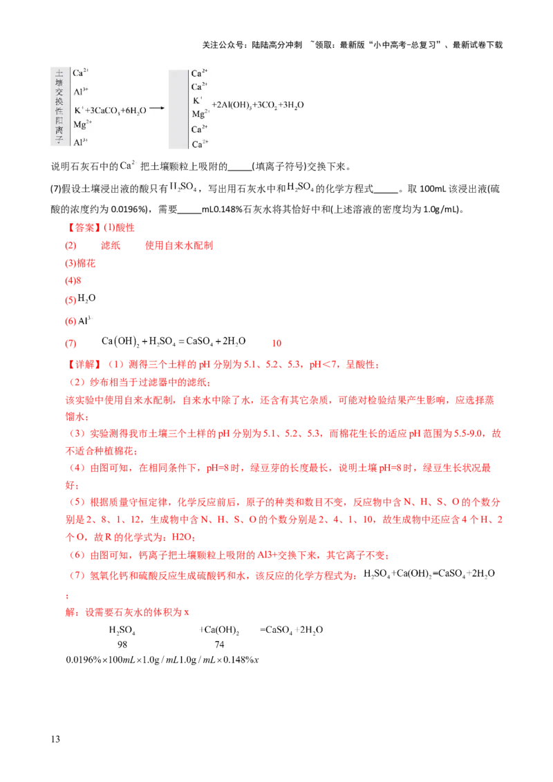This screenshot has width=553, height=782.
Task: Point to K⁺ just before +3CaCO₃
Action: point(78,108)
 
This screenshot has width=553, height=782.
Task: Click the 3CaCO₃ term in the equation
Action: point(102,109)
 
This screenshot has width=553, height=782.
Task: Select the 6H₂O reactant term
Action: point(132,109)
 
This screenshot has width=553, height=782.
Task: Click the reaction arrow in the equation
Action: point(156,108)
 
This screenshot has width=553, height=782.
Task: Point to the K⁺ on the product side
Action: point(196,100)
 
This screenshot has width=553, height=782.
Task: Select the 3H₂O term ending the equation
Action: point(293,105)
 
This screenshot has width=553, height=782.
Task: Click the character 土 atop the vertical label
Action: point(59,73)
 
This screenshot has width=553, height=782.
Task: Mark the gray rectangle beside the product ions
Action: point(178,108)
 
